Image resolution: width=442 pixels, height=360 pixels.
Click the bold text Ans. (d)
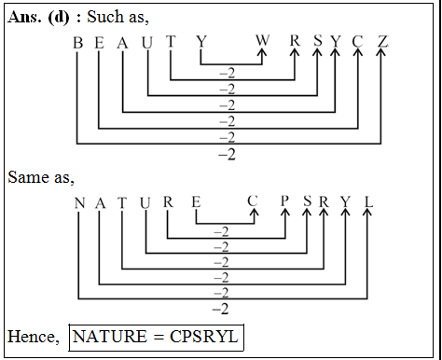point(38,18)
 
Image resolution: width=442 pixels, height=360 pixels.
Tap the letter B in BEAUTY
point(77,43)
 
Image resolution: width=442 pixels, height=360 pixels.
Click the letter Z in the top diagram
point(382,43)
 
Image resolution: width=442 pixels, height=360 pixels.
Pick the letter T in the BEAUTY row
point(171,43)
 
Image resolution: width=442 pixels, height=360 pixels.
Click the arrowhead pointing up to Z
point(382,55)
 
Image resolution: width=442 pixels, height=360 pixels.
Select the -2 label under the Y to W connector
point(226,72)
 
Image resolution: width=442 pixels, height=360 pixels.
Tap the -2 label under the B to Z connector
point(226,154)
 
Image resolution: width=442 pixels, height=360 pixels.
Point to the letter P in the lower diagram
point(285,202)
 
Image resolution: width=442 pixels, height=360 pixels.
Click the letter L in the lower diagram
point(368,202)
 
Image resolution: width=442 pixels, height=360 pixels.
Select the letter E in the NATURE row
point(195,202)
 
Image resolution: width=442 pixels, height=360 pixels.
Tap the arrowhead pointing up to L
point(368,215)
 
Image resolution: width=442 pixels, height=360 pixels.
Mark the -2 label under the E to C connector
point(222,231)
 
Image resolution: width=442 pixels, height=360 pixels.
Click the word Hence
point(30,336)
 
